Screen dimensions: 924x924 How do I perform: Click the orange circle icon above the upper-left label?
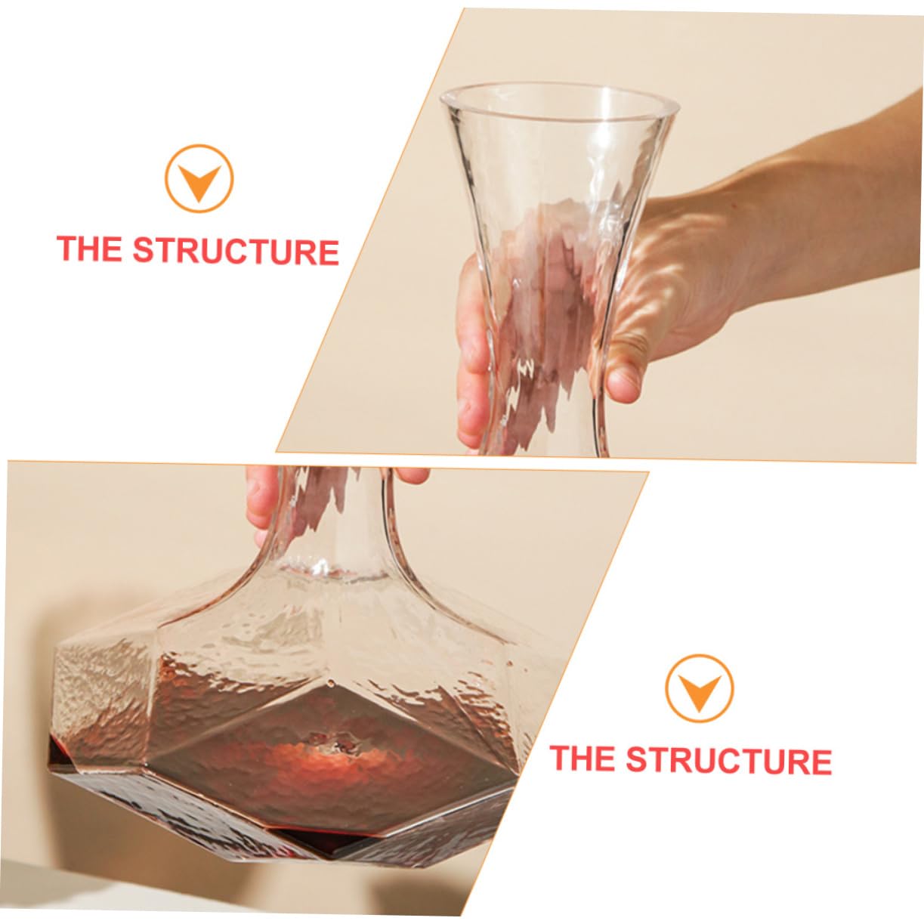(x=199, y=178)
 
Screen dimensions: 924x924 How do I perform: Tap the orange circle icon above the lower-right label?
(x=699, y=688)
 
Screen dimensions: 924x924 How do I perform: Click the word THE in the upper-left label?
(x=89, y=249)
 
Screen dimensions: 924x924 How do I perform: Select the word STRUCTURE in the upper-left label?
(x=236, y=251)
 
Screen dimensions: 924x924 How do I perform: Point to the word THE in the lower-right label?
(x=582, y=758)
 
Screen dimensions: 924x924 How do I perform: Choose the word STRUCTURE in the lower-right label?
(x=728, y=760)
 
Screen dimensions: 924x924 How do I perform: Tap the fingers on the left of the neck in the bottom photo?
(x=261, y=499)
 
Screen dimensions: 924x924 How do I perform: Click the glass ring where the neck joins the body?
(x=332, y=570)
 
